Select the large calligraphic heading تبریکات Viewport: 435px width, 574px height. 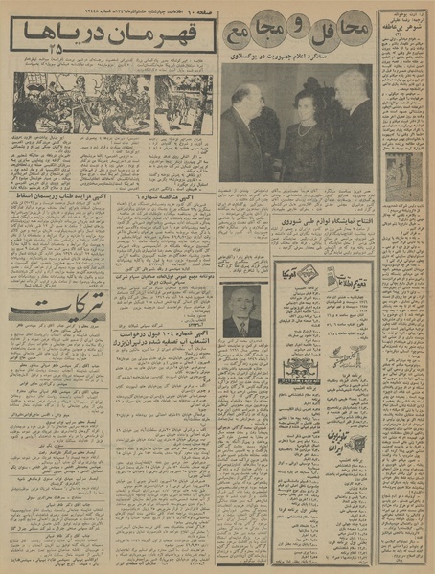[57, 334]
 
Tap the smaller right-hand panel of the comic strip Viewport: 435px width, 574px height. [183, 104]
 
